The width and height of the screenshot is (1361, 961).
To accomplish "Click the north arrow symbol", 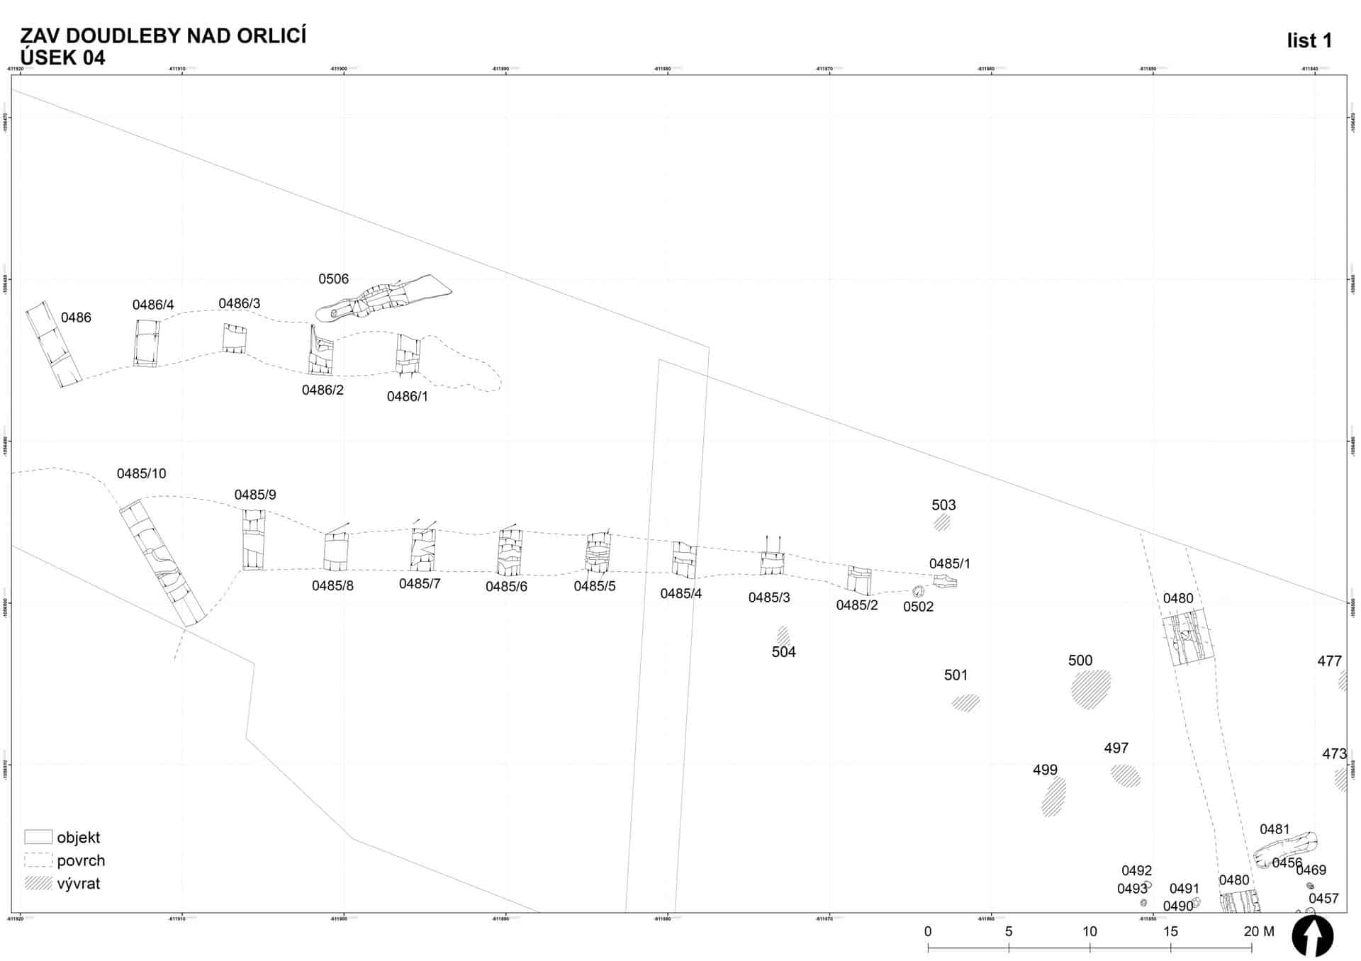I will (1312, 935).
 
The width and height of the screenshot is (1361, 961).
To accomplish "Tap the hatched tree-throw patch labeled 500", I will (1091, 689).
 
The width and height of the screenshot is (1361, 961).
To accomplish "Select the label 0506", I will (333, 279).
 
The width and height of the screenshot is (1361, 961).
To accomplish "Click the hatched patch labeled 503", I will (941, 523).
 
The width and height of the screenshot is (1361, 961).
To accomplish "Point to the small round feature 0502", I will (918, 591).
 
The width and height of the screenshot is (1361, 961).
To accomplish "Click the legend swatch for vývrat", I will (38, 883).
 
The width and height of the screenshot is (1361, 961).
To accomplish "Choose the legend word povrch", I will (81, 860).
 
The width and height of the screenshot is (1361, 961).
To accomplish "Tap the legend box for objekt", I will (38, 837).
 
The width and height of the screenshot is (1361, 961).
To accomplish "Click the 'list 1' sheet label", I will (1309, 41).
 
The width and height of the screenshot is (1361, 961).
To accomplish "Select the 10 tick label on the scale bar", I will (1090, 931).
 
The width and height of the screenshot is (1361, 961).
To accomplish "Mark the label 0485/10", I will (141, 473).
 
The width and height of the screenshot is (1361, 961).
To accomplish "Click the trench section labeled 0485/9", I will (253, 540).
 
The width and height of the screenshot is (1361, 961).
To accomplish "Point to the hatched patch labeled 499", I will (1053, 797).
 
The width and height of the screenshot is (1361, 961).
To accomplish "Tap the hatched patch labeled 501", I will (965, 702).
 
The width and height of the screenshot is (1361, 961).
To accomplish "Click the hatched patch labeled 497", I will (1125, 775).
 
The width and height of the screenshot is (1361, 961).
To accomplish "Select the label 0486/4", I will (153, 305).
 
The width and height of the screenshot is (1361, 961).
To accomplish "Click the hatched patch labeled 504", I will (783, 636).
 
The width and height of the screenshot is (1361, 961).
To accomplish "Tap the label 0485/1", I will (949, 563).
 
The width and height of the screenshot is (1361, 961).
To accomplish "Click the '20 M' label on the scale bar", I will (1259, 931).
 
